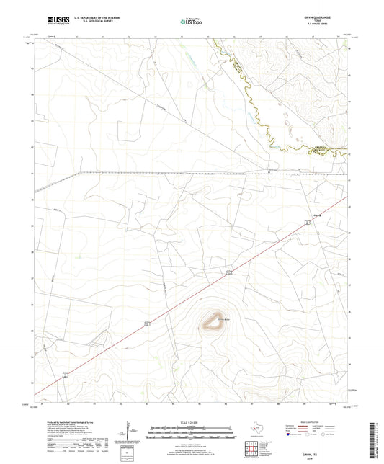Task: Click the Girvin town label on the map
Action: click(x=304, y=215)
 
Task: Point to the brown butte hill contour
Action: click(x=213, y=321)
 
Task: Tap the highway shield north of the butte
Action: click(x=228, y=272)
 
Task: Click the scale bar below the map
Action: click(x=191, y=431)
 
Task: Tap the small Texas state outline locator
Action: click(x=257, y=428)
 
